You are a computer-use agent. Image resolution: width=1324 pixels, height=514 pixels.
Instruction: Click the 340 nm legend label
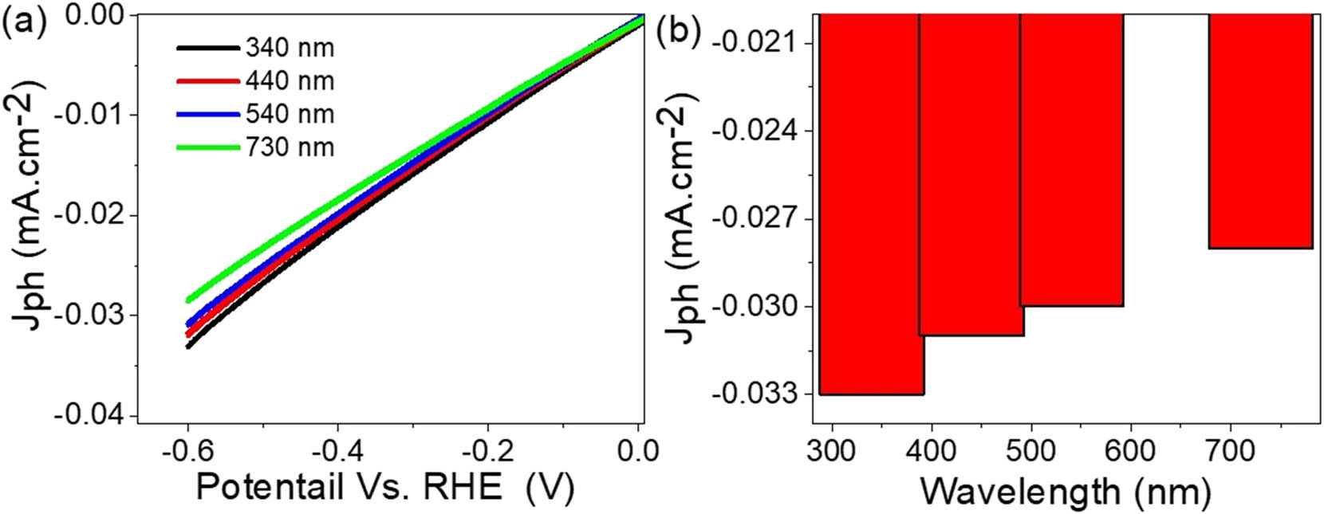tap(290, 49)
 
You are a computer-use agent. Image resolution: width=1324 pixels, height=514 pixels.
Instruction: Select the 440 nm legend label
tap(290, 81)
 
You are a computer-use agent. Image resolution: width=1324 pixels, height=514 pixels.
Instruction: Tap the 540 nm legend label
tap(290, 115)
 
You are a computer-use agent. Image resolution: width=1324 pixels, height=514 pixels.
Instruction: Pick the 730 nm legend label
tap(290, 147)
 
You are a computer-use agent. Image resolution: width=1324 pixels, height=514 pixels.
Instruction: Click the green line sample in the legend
tap(207, 147)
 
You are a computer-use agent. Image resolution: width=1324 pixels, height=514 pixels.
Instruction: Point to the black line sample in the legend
tap(207, 49)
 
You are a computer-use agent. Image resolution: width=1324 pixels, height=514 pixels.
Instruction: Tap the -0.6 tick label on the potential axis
tap(187, 451)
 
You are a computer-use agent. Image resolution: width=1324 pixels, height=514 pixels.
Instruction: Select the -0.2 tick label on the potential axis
tap(488, 451)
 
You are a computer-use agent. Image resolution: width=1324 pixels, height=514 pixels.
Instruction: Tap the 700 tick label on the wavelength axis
tap(1229, 451)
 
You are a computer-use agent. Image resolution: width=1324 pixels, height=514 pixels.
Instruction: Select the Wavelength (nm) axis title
tap(1065, 491)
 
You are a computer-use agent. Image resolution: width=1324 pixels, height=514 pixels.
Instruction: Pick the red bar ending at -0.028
tap(1260, 131)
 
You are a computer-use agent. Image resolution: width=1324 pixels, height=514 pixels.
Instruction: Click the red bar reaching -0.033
tap(870, 204)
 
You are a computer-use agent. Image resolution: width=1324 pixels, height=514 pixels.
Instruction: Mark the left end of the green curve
tap(188, 300)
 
